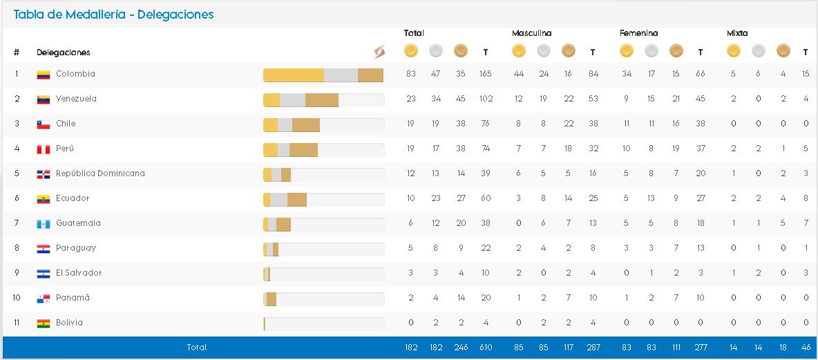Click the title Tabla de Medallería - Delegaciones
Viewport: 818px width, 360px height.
click(113, 15)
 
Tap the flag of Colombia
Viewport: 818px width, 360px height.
click(44, 75)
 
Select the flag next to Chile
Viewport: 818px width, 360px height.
click(44, 124)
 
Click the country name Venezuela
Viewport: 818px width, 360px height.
click(76, 99)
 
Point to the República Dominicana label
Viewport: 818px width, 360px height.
click(100, 173)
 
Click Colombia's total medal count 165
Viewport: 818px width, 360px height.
click(486, 74)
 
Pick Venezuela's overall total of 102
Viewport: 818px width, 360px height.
click(486, 99)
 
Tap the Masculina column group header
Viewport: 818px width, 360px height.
click(531, 33)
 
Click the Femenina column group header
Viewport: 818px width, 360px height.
click(638, 33)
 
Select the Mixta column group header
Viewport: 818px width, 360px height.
click(737, 33)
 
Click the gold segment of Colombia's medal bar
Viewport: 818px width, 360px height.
click(294, 76)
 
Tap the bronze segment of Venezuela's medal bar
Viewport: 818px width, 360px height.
click(321, 101)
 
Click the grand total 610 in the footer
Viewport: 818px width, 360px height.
click(486, 348)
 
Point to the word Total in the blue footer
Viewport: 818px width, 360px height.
click(197, 348)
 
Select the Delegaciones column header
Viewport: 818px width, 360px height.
click(64, 53)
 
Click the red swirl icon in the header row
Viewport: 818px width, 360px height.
click(379, 52)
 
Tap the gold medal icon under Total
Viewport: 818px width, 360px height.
click(411, 50)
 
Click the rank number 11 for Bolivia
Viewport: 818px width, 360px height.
click(17, 323)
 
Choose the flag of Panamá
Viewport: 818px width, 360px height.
click(44, 299)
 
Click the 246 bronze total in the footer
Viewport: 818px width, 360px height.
click(461, 348)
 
